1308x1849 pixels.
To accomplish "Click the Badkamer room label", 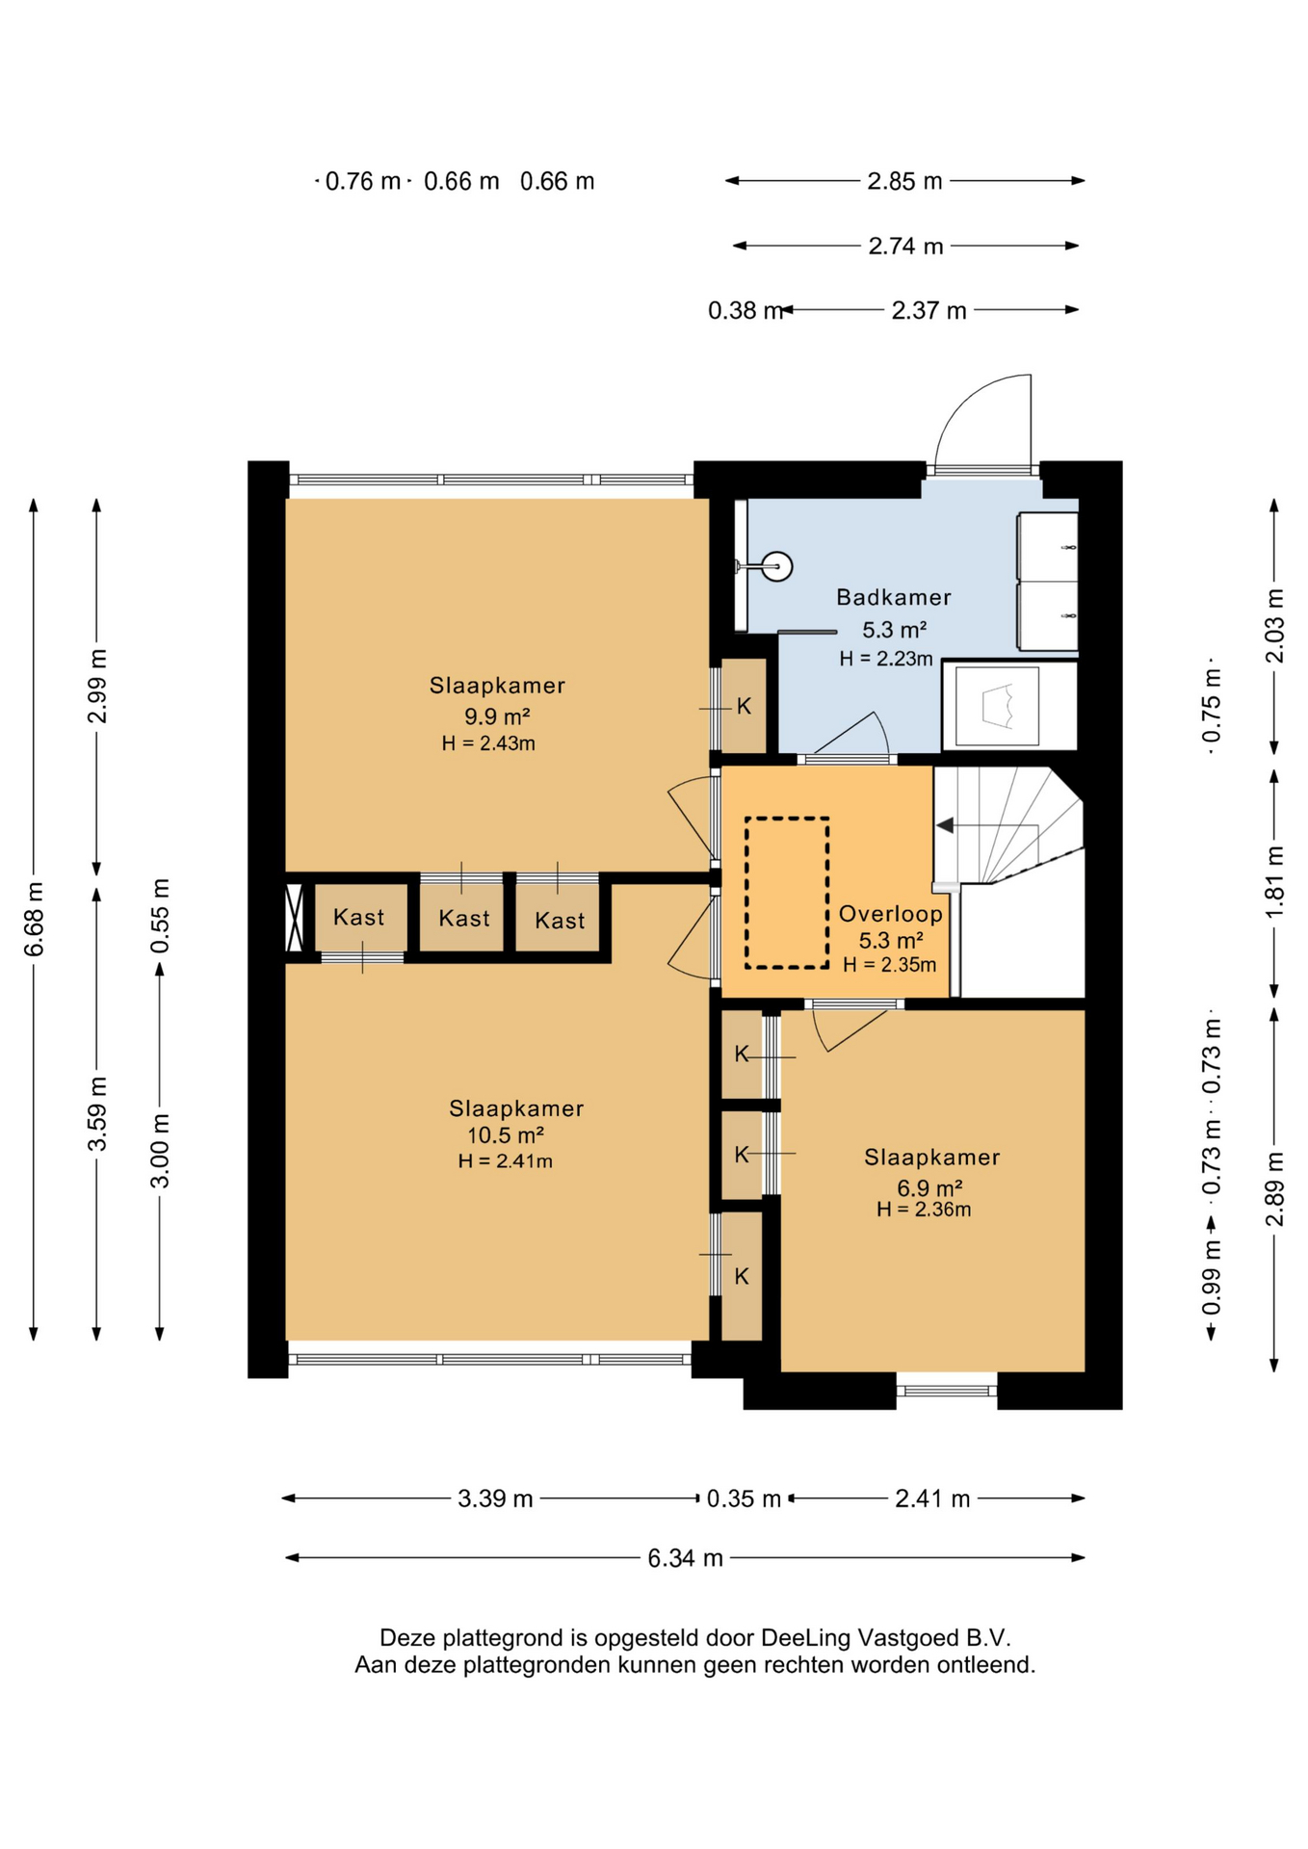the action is (893, 597).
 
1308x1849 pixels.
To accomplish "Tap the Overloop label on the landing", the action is (890, 914).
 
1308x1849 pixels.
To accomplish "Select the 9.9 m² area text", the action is (497, 716).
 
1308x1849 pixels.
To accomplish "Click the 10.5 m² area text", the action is (506, 1134).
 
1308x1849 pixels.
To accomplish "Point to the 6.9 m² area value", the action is (929, 1187).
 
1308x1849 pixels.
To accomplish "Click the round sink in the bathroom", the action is (776, 566).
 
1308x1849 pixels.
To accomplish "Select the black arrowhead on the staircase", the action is (945, 825).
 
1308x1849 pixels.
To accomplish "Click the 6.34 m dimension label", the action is (685, 1557).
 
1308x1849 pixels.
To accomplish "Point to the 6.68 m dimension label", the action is (35, 919).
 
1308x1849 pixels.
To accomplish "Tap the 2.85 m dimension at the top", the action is (904, 181).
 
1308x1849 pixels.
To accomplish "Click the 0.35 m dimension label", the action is (744, 1498).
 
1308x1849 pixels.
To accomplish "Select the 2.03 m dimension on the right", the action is (1274, 626).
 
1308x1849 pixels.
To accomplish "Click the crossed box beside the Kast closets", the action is (295, 918).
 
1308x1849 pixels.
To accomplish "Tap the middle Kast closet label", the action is (463, 918).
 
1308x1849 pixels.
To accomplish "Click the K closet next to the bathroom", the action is (744, 706).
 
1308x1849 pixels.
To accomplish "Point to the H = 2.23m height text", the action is (886, 659).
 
